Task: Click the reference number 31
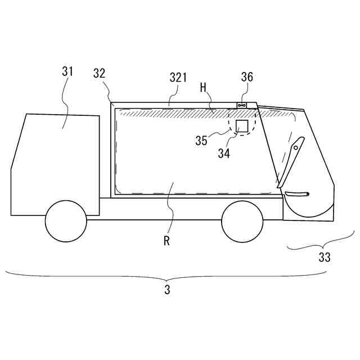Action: [x=67, y=71]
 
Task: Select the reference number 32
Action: [x=100, y=73]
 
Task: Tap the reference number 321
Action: [x=178, y=78]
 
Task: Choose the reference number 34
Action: [x=224, y=152]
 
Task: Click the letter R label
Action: [x=167, y=241]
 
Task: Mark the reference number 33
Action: [x=325, y=258]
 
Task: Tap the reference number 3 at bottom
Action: [x=167, y=290]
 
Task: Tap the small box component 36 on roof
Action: [x=242, y=105]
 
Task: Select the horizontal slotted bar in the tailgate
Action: [x=297, y=194]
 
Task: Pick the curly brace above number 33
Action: [x=321, y=243]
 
